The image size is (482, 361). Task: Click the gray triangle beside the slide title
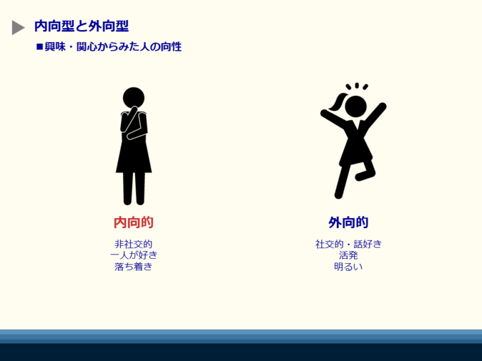pyautogui.click(x=18, y=28)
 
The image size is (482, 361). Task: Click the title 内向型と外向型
pyautogui.click(x=82, y=26)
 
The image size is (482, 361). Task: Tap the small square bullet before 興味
pyautogui.click(x=40, y=47)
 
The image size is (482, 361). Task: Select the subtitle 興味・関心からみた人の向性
pyautogui.click(x=113, y=47)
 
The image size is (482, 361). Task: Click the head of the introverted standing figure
pyautogui.click(x=134, y=98)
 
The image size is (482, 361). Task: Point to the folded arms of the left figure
pyautogui.click(x=134, y=124)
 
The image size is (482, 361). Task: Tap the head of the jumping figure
pyautogui.click(x=356, y=106)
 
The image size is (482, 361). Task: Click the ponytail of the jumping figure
pyautogui.click(x=337, y=102)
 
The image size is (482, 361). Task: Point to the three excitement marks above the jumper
pyautogui.click(x=357, y=86)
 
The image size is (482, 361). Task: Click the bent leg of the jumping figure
pyautogui.click(x=367, y=170)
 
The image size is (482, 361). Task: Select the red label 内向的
pyautogui.click(x=134, y=222)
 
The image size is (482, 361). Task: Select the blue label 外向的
pyautogui.click(x=348, y=222)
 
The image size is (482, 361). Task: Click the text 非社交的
pyautogui.click(x=134, y=244)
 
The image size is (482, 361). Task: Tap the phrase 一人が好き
pyautogui.click(x=134, y=255)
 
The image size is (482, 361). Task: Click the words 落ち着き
pyautogui.click(x=134, y=266)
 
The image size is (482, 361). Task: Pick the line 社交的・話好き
pyautogui.click(x=348, y=244)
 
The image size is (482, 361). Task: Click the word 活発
pyautogui.click(x=348, y=255)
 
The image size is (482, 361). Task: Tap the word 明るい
pyautogui.click(x=348, y=266)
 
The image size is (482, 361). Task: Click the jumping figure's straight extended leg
pyautogui.click(x=343, y=181)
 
